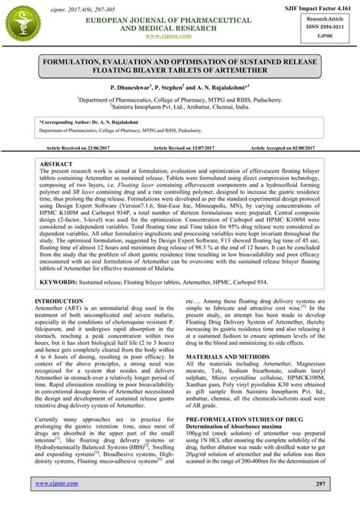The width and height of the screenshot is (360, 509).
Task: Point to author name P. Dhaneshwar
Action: [x=134, y=88]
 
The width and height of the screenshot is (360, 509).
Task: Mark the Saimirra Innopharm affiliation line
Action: [x=179, y=108]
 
